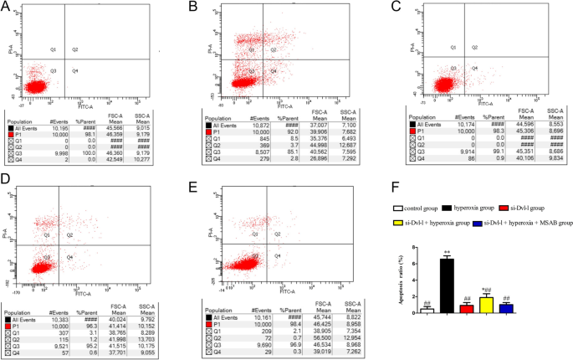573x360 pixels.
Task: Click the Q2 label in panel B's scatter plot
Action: click(274, 49)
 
